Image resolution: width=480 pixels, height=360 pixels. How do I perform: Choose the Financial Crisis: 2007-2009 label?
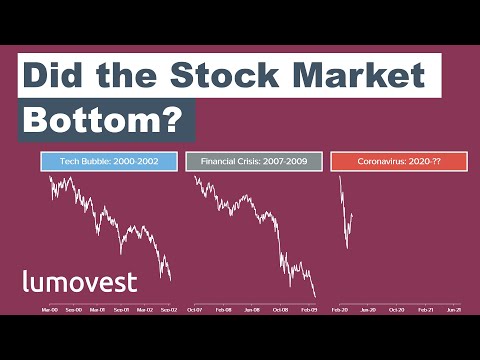click(254, 161)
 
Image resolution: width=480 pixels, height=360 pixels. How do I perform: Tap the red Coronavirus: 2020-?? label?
click(399, 161)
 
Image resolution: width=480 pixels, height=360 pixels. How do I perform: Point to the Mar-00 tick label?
click(50, 310)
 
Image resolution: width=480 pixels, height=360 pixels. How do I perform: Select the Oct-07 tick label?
click(196, 310)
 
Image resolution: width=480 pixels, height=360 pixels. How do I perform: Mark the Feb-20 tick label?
click(341, 310)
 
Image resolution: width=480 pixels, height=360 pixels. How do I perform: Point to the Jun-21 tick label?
click(453, 310)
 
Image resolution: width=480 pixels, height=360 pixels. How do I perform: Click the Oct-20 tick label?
click(397, 310)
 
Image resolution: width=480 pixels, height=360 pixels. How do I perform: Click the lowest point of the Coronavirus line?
click(346, 248)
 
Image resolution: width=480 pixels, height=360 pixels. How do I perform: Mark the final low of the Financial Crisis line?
click(316, 296)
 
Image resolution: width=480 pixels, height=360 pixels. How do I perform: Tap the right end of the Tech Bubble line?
click(171, 280)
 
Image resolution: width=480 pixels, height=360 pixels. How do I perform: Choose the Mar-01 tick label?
click(97, 310)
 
